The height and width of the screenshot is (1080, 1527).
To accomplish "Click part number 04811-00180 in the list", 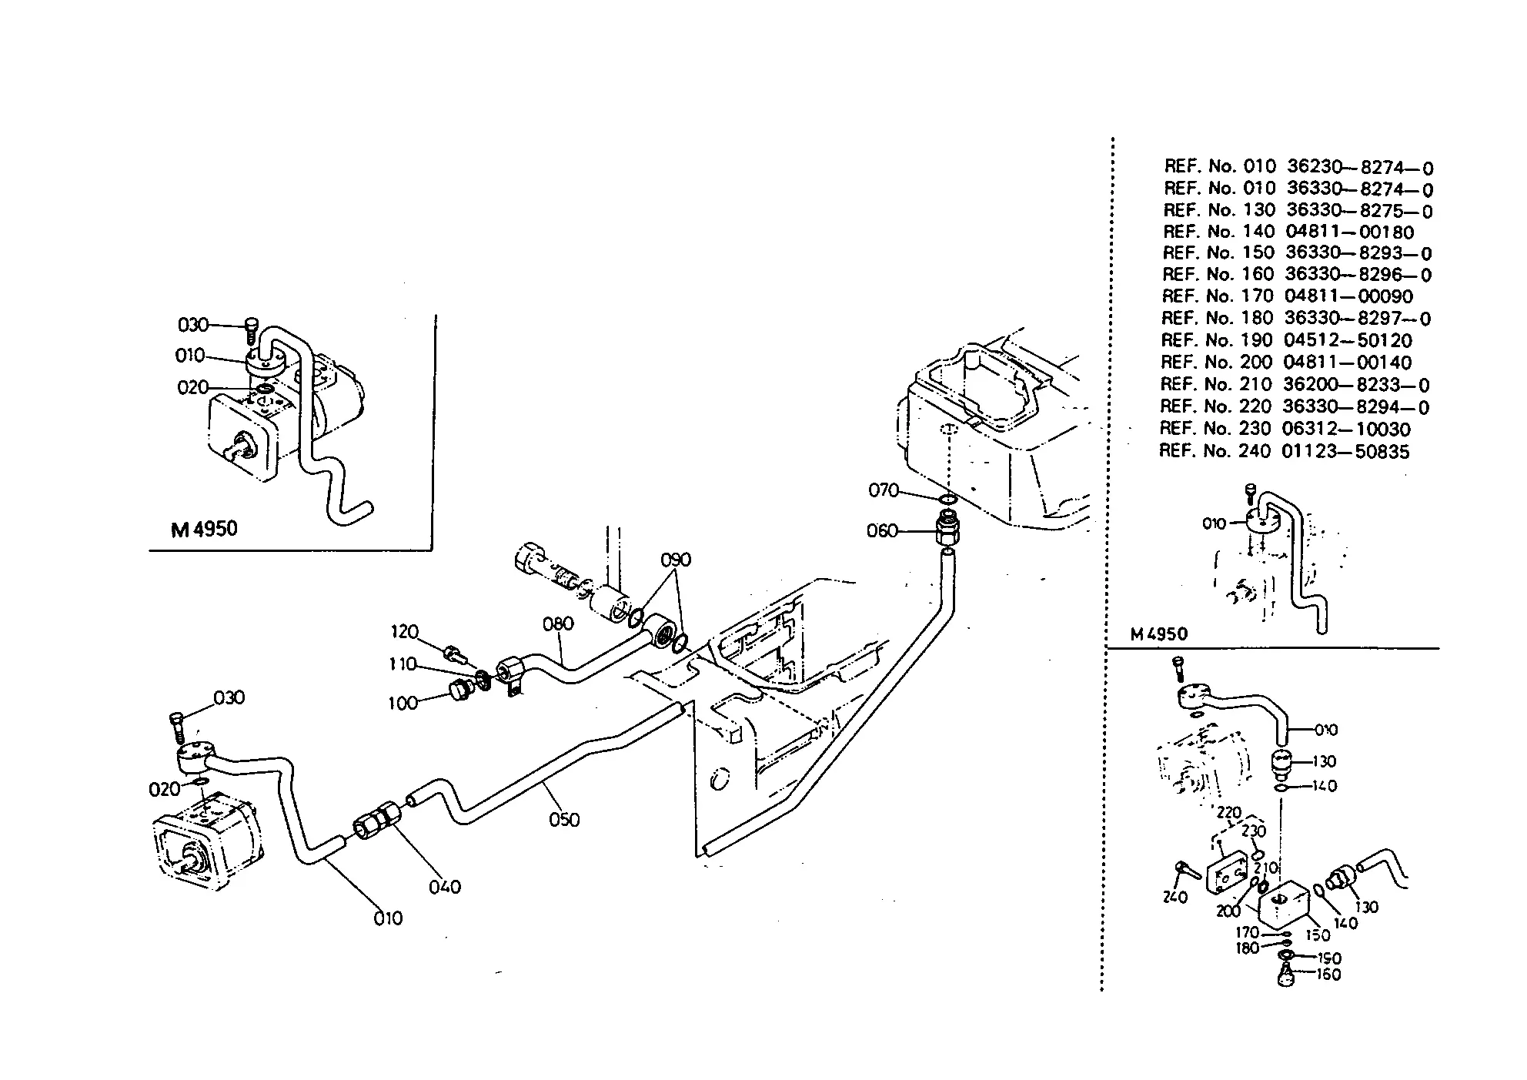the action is point(1349,232).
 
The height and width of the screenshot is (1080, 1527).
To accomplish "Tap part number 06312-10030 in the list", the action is point(1346,429).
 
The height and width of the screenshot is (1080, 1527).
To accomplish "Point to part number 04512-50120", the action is point(1348,340).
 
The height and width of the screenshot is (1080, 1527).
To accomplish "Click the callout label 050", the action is point(564,820).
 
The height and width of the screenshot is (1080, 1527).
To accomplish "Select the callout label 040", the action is point(445,887).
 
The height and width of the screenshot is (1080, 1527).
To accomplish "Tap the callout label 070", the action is point(884,490).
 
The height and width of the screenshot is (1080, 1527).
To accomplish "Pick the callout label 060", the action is point(882,530).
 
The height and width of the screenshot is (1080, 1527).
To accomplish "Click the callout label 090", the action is point(676,560).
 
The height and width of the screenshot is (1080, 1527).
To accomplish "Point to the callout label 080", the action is point(558,624).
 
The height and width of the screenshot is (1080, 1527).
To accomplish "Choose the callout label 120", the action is point(404,632).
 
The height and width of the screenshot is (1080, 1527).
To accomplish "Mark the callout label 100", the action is point(403,703).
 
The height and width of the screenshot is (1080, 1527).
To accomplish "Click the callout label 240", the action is point(1175,897).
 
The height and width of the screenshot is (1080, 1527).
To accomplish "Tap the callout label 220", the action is point(1229,812).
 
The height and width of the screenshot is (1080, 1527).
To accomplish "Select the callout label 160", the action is point(1329,975).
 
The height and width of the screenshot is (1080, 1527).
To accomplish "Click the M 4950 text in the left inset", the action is point(204,529).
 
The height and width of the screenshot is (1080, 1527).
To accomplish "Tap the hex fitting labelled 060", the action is point(947,530).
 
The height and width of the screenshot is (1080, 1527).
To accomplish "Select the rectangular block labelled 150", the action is point(1285,906).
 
